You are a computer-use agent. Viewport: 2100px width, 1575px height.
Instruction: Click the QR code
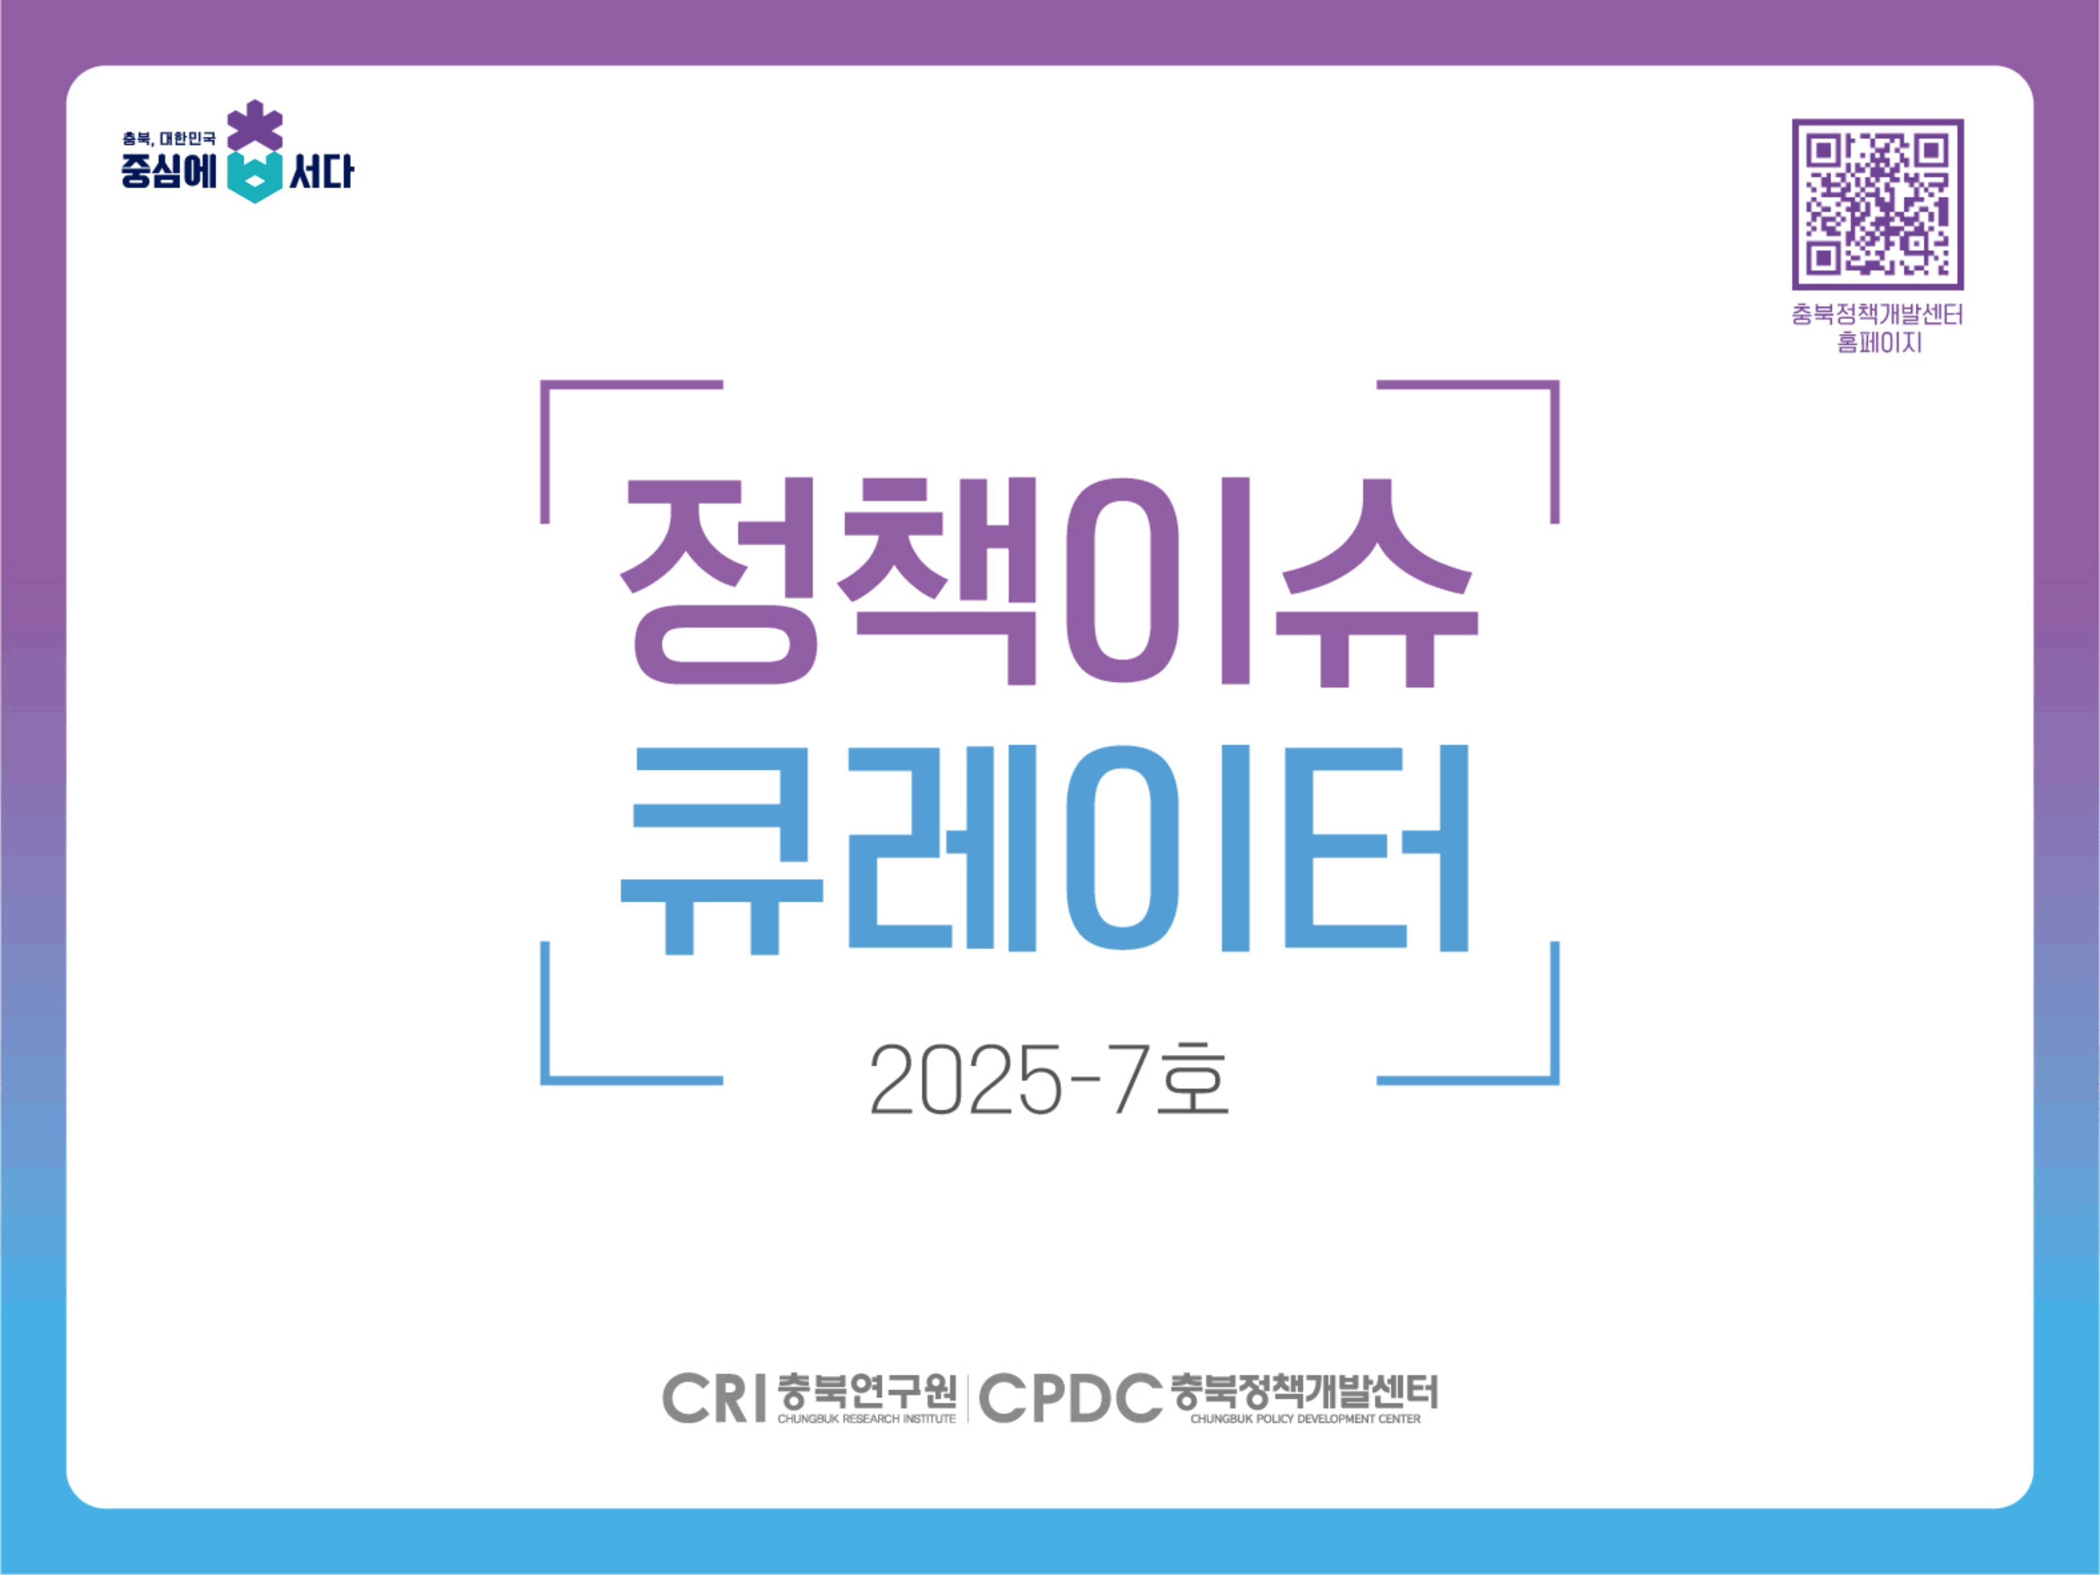coord(1877,204)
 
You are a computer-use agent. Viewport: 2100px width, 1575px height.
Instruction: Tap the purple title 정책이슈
coord(1048,581)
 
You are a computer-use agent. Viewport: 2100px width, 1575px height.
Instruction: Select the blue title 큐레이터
coord(1044,849)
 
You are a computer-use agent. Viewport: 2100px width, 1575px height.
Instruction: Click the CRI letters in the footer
coord(714,1398)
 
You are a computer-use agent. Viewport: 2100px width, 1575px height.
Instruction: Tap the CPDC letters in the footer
coord(1070,1398)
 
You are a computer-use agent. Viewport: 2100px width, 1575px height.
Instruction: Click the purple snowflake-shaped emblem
coord(254,126)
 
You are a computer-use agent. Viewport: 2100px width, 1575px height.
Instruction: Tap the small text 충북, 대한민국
coord(169,139)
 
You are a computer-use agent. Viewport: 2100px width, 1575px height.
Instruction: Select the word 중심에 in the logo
coord(169,172)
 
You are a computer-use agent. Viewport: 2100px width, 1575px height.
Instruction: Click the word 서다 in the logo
coord(321,172)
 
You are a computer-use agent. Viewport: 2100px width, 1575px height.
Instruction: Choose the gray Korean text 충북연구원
coord(866,1391)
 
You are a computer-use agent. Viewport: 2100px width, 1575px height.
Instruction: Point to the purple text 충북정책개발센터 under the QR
coord(1877,314)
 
